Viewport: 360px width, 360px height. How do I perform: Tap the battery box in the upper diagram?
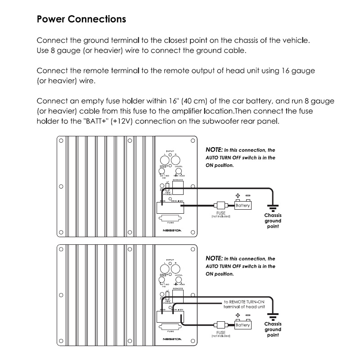[x=243, y=205]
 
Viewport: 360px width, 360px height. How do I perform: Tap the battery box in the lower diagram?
[x=243, y=325]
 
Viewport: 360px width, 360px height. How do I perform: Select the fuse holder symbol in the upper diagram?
[x=220, y=205]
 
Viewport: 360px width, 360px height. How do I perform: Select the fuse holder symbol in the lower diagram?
[x=220, y=325]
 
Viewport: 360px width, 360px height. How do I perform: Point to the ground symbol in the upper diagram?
[x=272, y=207]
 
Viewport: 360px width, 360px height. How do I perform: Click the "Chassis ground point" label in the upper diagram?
[x=273, y=220]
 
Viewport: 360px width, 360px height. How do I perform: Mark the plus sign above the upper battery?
[x=238, y=196]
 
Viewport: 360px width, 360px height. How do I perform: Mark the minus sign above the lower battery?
[x=247, y=316]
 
